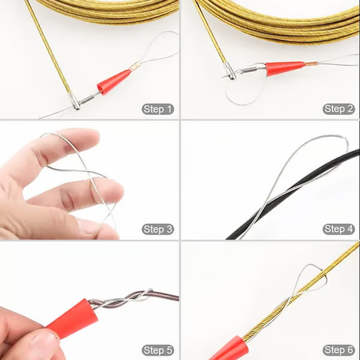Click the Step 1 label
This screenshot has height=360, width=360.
click(158, 109)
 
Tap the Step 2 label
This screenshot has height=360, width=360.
click(338, 109)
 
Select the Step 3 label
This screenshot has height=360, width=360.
click(158, 229)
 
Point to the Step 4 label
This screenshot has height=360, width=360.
click(338, 229)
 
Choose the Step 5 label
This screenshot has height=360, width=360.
click(158, 349)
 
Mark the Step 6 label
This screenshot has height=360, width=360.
click(338, 349)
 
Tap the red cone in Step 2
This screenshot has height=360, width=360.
click(284, 68)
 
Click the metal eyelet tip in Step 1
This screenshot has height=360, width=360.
click(76, 103)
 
